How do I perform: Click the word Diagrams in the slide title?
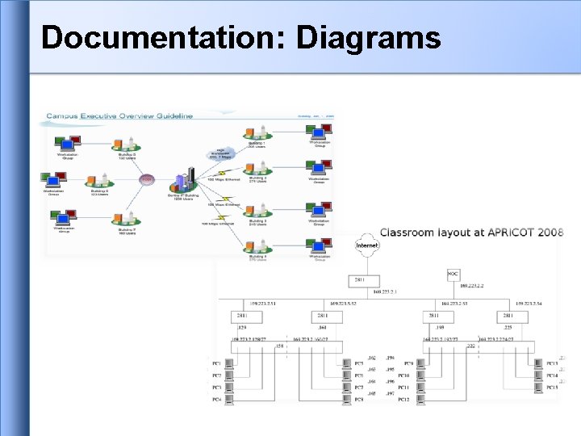tap(369, 37)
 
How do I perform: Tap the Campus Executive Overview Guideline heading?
tap(119, 115)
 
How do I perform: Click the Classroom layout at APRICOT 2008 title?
tap(471, 233)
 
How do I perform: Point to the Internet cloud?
tap(367, 245)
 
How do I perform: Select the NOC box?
tap(453, 275)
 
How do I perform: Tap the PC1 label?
tap(216, 364)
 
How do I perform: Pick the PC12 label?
tap(404, 400)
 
